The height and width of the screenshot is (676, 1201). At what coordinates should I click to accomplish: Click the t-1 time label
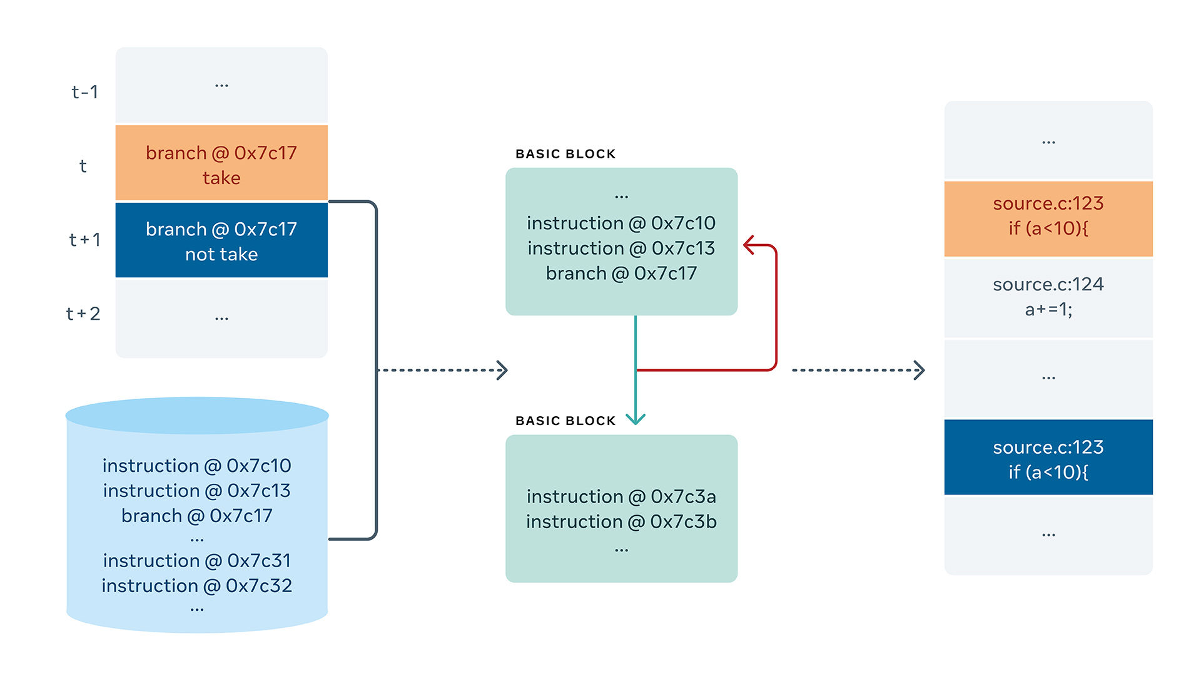[x=84, y=92]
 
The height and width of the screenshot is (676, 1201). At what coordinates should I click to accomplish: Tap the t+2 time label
[x=83, y=314]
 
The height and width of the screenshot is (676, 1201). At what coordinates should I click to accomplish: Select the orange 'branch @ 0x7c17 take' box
[x=221, y=164]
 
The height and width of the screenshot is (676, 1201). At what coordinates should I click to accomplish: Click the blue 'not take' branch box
[x=221, y=240]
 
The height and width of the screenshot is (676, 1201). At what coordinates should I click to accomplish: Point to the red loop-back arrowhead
[x=749, y=245]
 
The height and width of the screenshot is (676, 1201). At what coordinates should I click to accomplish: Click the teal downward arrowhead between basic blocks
[x=636, y=419]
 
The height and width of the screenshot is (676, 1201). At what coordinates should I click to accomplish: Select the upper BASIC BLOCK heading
[x=565, y=154]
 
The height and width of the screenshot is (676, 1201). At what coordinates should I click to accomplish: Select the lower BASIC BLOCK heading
[x=565, y=421]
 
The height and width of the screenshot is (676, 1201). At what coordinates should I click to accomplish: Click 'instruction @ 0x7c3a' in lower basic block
[x=621, y=496]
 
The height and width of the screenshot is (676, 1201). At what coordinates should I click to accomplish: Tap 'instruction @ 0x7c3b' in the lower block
[x=621, y=521]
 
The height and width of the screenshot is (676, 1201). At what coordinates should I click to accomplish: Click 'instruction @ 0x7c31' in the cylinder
[x=197, y=560]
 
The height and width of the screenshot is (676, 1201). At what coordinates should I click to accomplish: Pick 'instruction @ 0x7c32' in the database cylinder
[x=197, y=585]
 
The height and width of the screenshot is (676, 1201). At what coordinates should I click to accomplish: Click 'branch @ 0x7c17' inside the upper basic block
[x=621, y=273]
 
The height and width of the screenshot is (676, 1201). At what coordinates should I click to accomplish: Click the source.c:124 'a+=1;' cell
[x=1048, y=297]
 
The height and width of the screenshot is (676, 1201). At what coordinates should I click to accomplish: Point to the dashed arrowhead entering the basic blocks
[x=502, y=370]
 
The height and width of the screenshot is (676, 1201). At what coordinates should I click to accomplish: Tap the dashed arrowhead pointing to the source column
[x=919, y=370]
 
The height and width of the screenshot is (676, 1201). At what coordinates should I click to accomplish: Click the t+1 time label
[x=84, y=240]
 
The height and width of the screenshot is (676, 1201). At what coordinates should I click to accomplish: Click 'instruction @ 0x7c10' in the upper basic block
[x=621, y=223]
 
